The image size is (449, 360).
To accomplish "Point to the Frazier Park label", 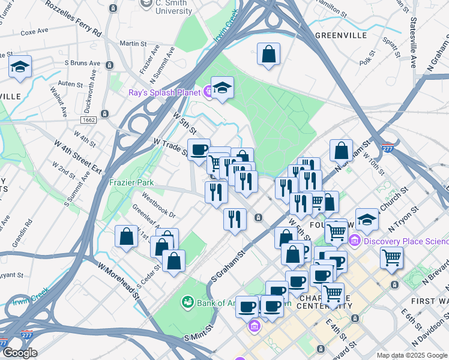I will [x=131, y=182].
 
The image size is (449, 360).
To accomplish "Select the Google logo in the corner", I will [x=19, y=353].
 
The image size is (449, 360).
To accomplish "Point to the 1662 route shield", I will [x=89, y=120].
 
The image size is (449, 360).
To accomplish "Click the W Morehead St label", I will [x=118, y=277].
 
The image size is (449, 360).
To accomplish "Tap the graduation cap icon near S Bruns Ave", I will [x=20, y=67].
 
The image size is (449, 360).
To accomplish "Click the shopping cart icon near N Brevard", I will [x=391, y=257].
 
